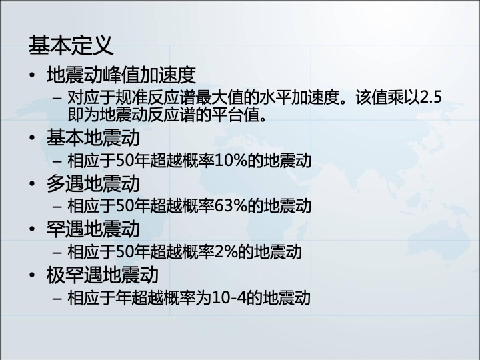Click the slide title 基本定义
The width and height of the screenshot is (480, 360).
point(71,45)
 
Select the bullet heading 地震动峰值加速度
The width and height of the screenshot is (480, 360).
point(121,75)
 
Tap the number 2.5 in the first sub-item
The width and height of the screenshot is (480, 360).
point(431,97)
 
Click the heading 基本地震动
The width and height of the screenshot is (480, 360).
point(93,137)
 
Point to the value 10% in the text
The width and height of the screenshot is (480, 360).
point(231,161)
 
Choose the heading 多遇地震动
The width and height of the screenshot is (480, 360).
point(93,183)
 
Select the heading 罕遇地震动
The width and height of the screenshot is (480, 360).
point(93,229)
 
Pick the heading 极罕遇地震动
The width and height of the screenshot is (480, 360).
point(103,275)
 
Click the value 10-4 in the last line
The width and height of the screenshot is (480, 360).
point(229,298)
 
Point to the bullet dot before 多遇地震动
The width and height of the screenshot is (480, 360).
point(32,183)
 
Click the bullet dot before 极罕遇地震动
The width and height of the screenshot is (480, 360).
point(32,275)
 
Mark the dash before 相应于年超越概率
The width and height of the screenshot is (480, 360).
point(57,298)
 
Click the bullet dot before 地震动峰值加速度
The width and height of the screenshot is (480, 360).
point(32,75)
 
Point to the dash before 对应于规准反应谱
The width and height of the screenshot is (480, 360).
point(57,98)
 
